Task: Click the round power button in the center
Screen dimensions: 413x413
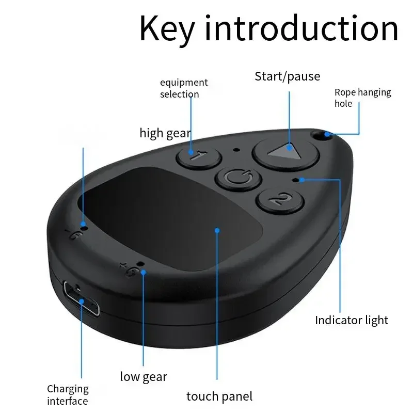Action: (x=233, y=179)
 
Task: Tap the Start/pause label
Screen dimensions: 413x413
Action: (x=287, y=76)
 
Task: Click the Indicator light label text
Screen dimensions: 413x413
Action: (x=352, y=320)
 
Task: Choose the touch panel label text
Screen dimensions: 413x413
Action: (x=219, y=396)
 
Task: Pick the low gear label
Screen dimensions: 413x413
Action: (x=144, y=376)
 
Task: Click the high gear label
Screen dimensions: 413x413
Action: (x=165, y=133)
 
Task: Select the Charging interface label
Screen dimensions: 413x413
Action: (x=68, y=395)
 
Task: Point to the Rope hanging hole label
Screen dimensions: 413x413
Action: (x=362, y=98)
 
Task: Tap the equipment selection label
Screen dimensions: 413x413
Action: (x=183, y=88)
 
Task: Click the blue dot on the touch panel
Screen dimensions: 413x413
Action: (x=217, y=231)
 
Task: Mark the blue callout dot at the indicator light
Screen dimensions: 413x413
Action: (x=301, y=180)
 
